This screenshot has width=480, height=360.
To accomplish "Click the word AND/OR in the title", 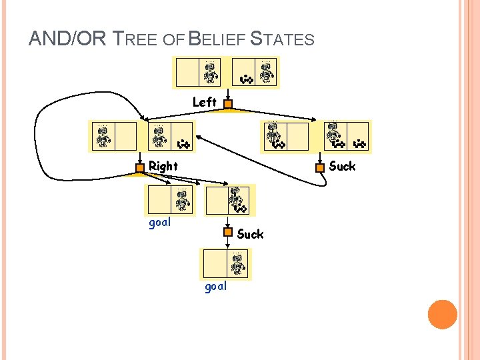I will point(67,39).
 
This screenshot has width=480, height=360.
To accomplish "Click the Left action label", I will point(204,103).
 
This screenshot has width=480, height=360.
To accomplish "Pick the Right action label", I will point(163,166).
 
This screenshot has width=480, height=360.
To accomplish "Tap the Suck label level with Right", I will point(342,166).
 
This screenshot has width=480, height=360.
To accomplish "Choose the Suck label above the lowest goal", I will point(250,234).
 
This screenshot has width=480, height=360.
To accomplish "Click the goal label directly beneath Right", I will point(159,223).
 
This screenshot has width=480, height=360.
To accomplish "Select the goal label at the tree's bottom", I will point(215,286).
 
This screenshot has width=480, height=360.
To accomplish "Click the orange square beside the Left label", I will point(227,104).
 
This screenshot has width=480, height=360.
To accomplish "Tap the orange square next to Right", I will point(141,167).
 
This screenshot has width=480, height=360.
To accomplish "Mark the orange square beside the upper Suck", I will point(320,167).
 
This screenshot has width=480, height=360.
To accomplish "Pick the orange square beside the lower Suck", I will point(228,233).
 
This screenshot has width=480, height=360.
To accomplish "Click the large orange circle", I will point(442,314).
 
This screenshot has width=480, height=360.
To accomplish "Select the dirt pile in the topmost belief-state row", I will point(246,79).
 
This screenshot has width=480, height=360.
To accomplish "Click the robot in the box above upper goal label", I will point(182,199).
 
